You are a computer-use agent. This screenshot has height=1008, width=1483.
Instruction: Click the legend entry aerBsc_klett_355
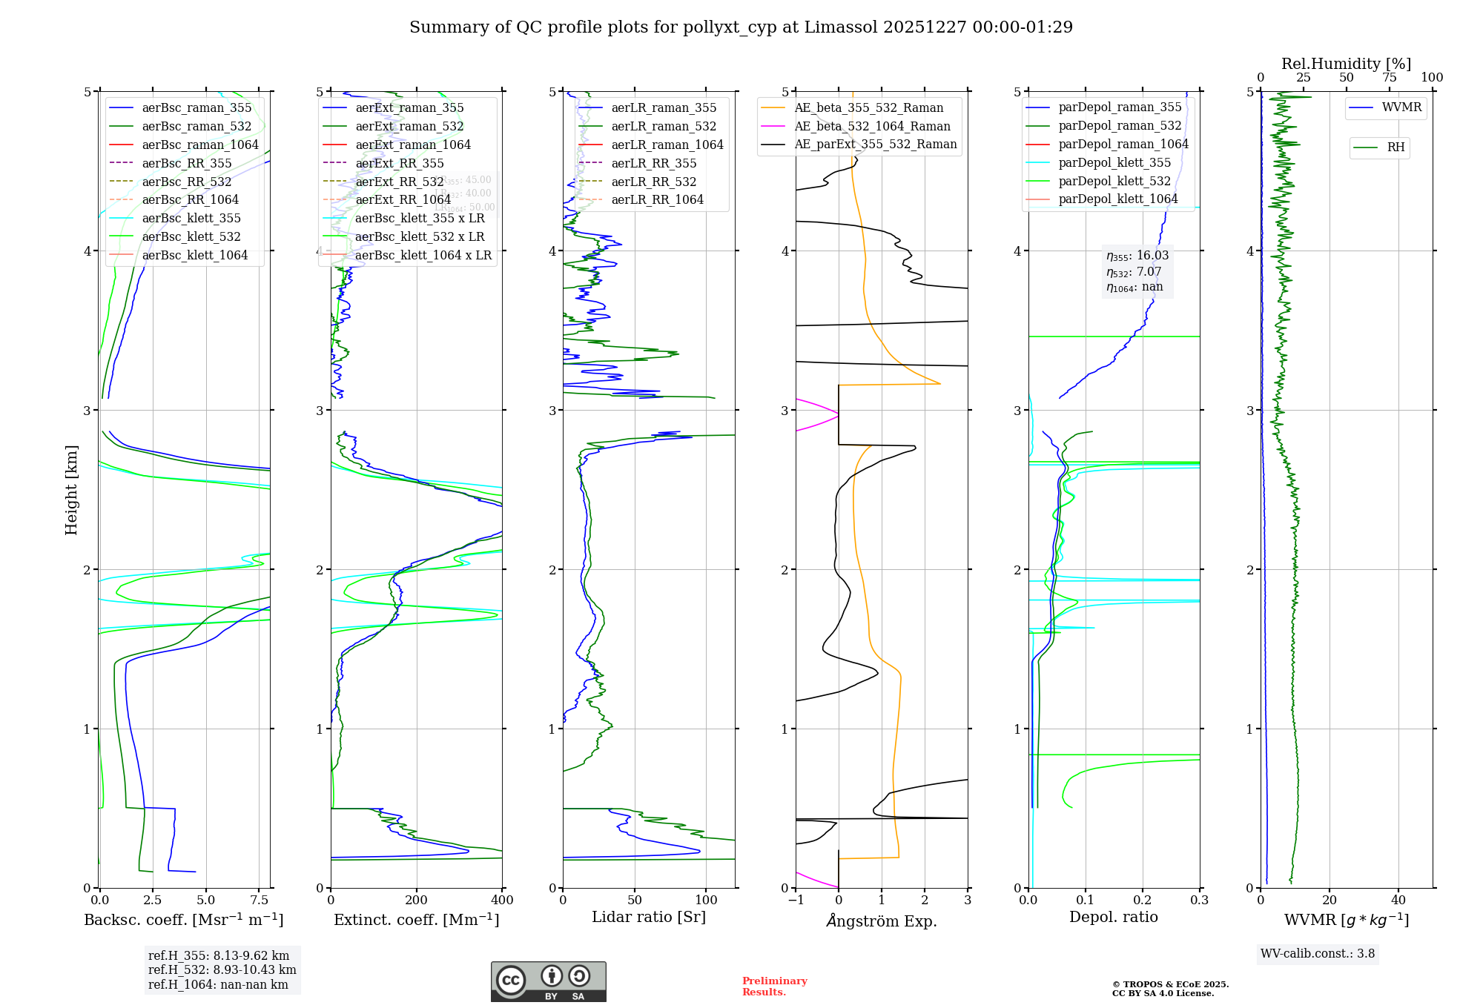[191, 219]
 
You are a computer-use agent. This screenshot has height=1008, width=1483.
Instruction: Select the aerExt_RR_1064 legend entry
[403, 200]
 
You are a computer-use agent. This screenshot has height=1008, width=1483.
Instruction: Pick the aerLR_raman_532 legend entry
[664, 127]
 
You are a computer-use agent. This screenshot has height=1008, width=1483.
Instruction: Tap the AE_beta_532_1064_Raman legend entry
[872, 127]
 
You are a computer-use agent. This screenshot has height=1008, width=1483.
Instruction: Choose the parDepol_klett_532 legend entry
[1114, 182]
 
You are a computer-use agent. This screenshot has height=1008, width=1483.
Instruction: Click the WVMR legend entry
[1401, 108]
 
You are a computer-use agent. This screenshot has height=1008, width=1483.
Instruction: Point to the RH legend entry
[1396, 147]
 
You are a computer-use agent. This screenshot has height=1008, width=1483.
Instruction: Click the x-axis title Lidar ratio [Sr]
[649, 918]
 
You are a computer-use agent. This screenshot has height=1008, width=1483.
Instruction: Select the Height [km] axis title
[71, 490]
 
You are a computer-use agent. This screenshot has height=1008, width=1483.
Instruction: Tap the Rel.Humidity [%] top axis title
[1346, 64]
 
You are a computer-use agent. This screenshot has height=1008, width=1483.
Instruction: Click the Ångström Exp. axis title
[882, 921]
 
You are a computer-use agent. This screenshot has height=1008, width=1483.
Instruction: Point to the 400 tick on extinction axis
[503, 901]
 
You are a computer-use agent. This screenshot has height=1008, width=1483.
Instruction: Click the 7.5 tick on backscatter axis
[260, 901]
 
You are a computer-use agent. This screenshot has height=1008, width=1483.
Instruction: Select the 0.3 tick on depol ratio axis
[1200, 901]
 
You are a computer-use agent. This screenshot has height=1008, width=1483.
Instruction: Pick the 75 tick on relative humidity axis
[1390, 78]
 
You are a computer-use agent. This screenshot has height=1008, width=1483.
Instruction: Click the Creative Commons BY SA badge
[548, 982]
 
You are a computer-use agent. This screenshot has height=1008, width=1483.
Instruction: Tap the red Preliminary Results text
[774, 987]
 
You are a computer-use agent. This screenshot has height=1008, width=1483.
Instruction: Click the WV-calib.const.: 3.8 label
[1318, 954]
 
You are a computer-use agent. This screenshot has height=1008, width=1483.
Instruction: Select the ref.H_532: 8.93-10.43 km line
[222, 970]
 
